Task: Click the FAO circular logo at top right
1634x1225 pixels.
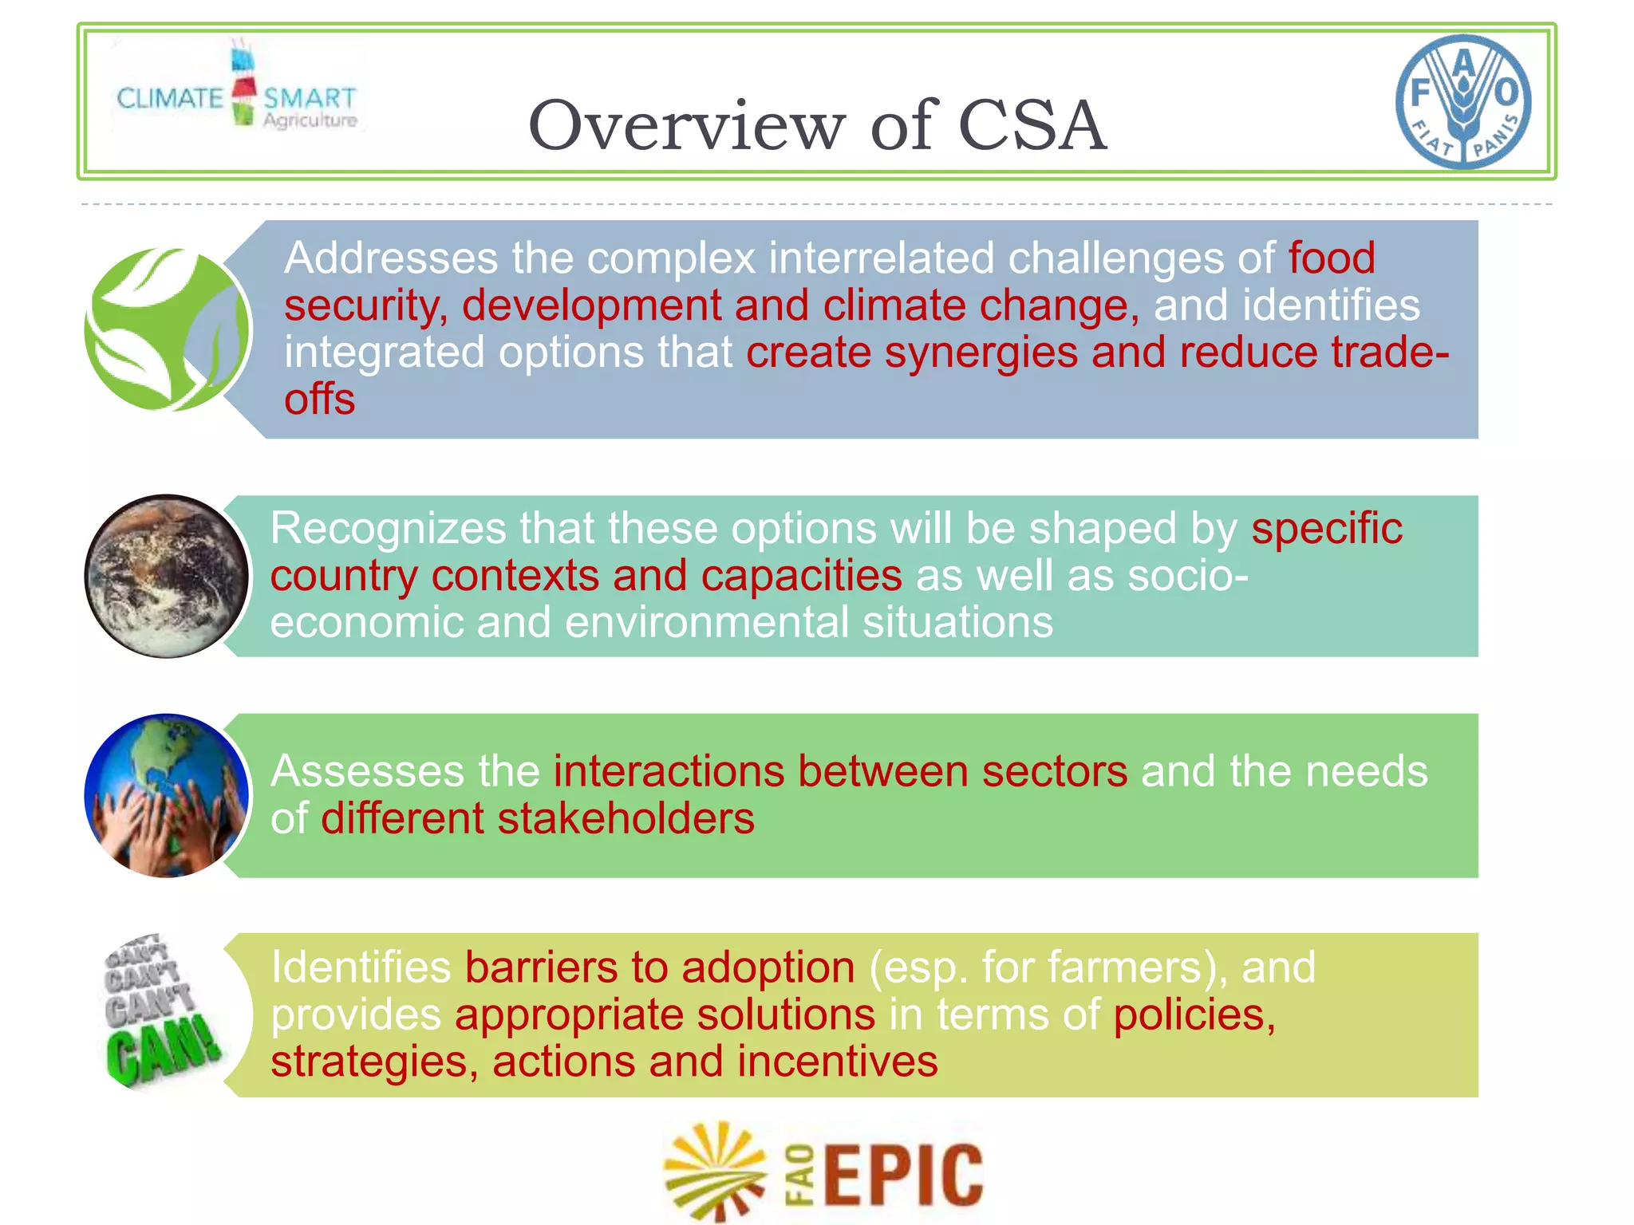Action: pyautogui.click(x=1463, y=101)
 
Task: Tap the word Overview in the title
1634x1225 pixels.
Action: pyautogui.click(x=685, y=125)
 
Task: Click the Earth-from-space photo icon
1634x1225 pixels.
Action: pyautogui.click(x=167, y=576)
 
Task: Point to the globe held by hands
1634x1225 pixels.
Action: pyautogui.click(x=167, y=795)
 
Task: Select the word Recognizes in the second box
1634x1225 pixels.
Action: pyautogui.click(x=388, y=529)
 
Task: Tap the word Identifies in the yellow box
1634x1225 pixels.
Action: pyautogui.click(x=361, y=967)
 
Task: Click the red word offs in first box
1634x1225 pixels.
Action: pyautogui.click(x=319, y=399)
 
